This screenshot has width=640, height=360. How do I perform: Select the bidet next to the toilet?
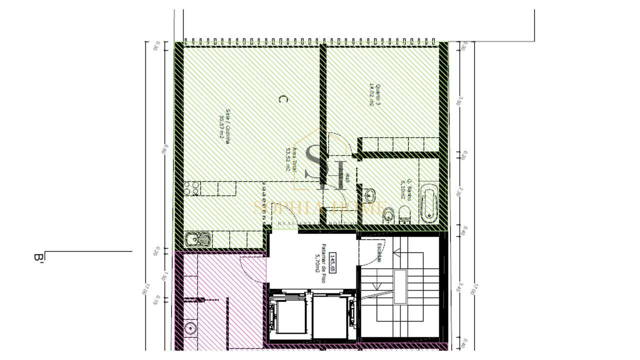pyautogui.click(x=387, y=215)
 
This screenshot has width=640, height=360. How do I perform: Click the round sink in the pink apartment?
pyautogui.click(x=190, y=328)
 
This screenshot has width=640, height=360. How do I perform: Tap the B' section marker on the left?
pyautogui.click(x=38, y=257)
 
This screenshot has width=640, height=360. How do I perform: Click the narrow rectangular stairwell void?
pyautogui.click(x=399, y=286)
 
